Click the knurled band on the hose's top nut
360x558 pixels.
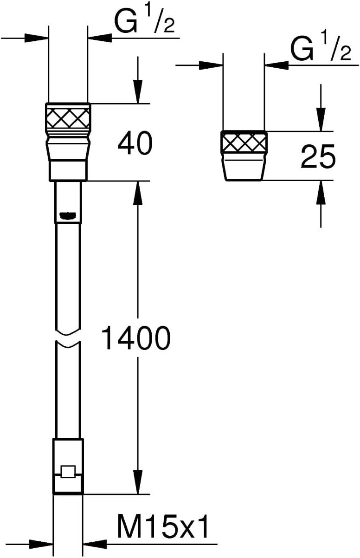68,117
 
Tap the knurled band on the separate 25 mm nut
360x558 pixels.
244,142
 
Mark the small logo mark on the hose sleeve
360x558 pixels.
68,215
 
